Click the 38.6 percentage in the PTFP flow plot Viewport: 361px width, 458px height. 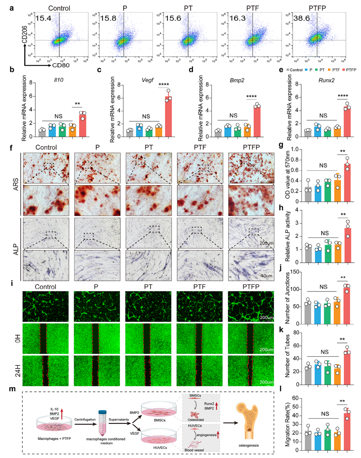tap(301, 18)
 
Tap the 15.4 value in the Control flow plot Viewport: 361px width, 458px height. tap(43, 18)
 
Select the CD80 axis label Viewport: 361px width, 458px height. tap(61, 65)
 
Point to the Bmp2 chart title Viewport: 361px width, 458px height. tap(237, 80)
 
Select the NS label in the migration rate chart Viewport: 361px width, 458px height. tap(325, 414)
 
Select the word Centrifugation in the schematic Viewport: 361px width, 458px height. tap(85, 420)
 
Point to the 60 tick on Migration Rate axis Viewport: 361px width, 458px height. tap(295, 398)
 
